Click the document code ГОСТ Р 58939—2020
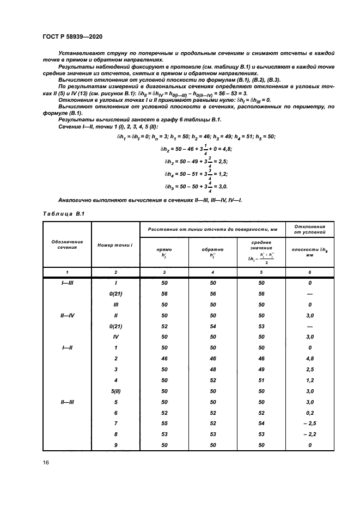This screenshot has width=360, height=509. (72, 36)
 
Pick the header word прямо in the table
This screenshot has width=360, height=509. (164, 248)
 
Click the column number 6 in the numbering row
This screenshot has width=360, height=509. (309, 271)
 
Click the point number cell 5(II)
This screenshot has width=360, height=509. (115, 391)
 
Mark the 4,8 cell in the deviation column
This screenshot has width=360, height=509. (309, 358)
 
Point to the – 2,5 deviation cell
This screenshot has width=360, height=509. (309, 424)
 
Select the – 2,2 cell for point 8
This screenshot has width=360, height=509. (309, 434)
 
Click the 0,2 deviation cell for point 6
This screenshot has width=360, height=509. (309, 413)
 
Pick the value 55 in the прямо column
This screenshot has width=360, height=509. (164, 424)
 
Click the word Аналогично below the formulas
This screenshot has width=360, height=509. (75, 201)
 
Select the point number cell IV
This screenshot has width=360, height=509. (115, 336)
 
